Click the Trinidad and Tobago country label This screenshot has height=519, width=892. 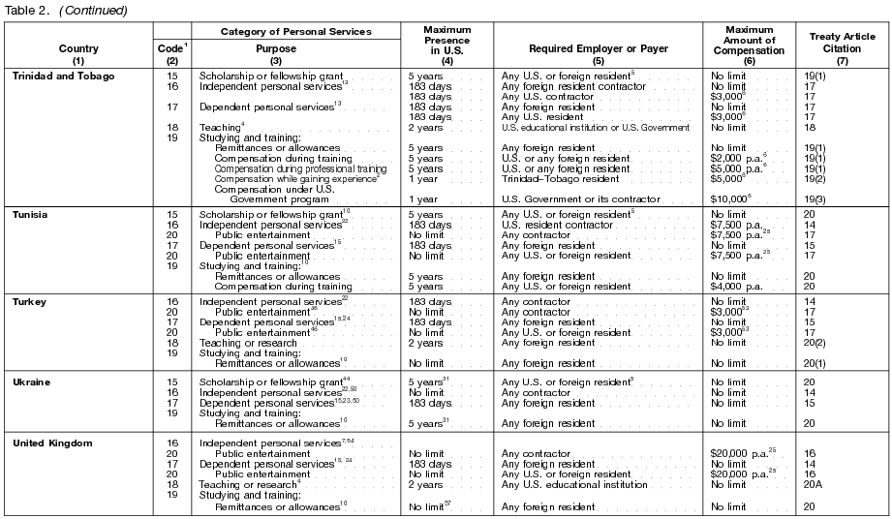(x=63, y=76)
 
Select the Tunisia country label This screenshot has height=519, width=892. (x=32, y=214)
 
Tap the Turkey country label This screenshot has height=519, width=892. (x=30, y=301)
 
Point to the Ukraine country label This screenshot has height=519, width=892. (x=31, y=382)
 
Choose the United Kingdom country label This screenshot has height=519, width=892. (x=53, y=443)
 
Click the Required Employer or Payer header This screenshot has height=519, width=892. (x=600, y=47)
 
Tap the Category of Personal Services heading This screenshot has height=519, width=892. (x=295, y=32)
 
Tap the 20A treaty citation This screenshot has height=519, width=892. (x=812, y=485)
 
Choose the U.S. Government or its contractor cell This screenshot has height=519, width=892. (x=580, y=198)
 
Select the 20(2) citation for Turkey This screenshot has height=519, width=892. (x=815, y=343)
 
